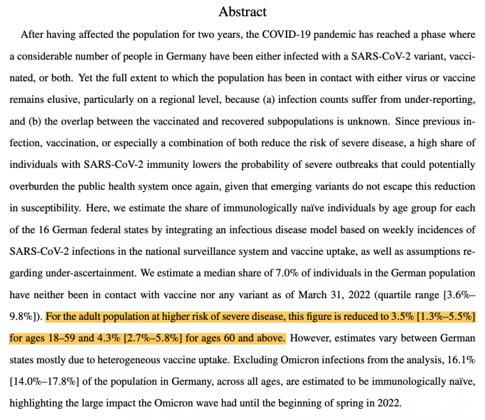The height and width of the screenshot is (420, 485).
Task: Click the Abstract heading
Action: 242,11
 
